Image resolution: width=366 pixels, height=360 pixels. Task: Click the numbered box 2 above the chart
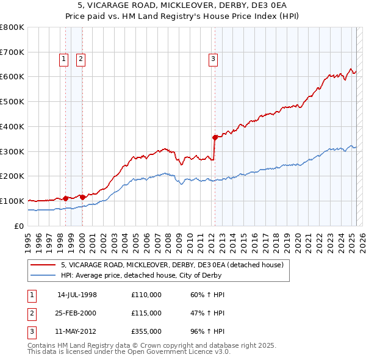tap(81, 59)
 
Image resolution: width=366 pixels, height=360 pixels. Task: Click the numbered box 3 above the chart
tap(213, 59)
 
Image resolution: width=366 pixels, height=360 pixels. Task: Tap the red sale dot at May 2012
tap(215, 137)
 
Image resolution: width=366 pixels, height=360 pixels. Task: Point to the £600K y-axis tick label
tap(12, 77)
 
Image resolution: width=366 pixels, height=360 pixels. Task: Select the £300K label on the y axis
tap(12, 151)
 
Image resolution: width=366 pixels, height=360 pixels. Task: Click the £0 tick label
tap(19, 226)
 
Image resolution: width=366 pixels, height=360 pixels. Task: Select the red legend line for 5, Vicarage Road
tap(43, 265)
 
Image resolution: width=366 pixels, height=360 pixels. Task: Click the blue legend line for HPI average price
tap(43, 275)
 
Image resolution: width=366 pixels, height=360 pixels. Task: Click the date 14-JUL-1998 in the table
tap(77, 295)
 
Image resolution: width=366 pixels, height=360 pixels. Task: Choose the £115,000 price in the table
tap(146, 313)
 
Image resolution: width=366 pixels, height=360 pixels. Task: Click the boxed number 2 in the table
tap(30, 313)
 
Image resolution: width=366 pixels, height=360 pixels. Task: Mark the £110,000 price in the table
tap(146, 295)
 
